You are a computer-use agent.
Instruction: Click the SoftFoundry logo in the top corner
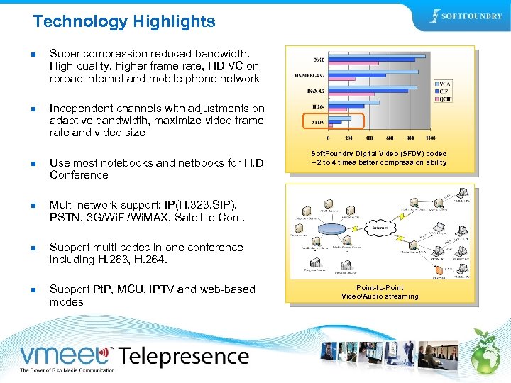point(466,16)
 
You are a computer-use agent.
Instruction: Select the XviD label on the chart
point(320,59)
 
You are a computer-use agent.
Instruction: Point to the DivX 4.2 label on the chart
point(316,91)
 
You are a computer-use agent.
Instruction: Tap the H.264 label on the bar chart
point(318,106)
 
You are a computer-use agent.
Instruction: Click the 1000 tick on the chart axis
point(430,138)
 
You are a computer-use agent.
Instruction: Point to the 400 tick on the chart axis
point(368,138)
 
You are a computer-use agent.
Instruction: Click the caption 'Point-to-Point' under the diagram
point(380,288)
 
